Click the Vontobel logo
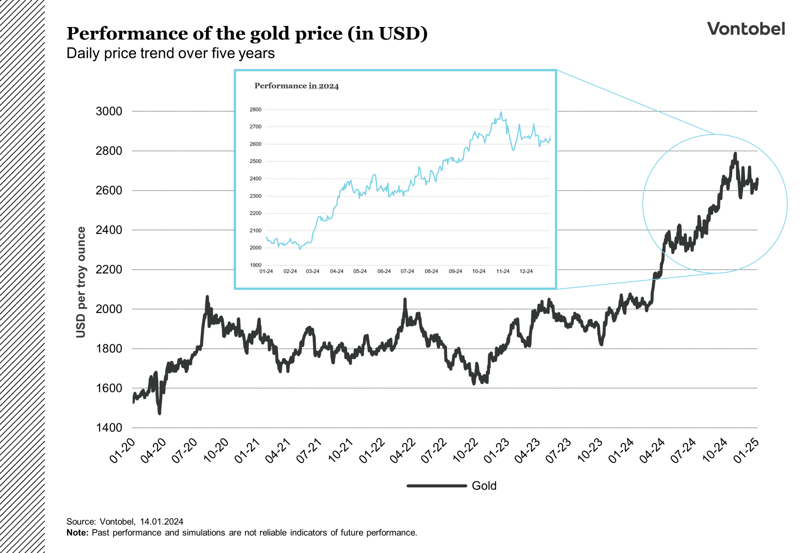click(746, 29)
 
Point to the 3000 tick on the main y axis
click(109, 111)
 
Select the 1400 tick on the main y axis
click(109, 427)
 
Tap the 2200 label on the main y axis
click(109, 270)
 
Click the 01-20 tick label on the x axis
click(122, 451)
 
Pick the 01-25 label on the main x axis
click(746, 451)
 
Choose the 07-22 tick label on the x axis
click(434, 451)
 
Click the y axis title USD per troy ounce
click(81, 282)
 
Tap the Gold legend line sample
click(436, 486)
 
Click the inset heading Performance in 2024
click(296, 86)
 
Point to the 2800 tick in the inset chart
click(255, 110)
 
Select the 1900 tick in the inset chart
click(255, 265)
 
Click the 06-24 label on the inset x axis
click(384, 271)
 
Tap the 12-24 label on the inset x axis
click(526, 271)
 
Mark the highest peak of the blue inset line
click(501, 112)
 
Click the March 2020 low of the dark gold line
click(159, 413)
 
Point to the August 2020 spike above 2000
click(207, 297)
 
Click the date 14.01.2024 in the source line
click(162, 521)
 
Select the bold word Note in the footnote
click(77, 532)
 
